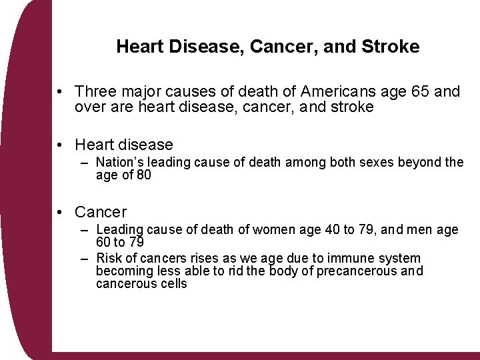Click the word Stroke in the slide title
(393, 47)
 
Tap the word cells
(173, 284)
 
